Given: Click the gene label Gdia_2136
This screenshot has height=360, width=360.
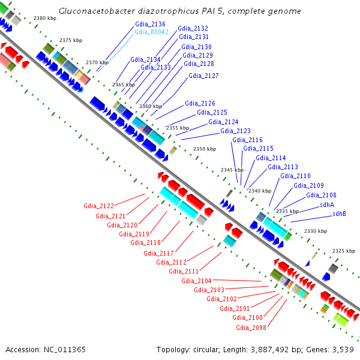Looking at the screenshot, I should point(150,25).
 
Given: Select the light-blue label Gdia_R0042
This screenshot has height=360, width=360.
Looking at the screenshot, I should point(150,32).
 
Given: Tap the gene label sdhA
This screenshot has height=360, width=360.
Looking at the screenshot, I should point(327,205).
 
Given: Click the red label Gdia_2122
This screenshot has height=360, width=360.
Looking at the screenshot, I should point(99,206).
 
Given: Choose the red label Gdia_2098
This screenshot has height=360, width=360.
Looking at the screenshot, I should point(250,328).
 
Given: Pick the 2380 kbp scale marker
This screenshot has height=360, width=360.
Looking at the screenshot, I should point(45,19).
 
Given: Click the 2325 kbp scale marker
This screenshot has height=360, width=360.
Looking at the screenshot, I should point(344,251).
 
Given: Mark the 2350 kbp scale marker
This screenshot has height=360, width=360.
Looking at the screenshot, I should point(204,149).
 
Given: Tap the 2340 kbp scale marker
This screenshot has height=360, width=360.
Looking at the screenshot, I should point(259,191).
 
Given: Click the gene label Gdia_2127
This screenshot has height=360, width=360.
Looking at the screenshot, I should point(203,76).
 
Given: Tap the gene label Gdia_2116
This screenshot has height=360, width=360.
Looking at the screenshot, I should point(247,140).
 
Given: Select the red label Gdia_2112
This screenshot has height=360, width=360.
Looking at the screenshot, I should point(171,262).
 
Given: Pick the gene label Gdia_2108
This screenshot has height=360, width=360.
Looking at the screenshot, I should point(321,195).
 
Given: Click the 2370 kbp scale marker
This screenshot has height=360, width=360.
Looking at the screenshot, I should point(97,62).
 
